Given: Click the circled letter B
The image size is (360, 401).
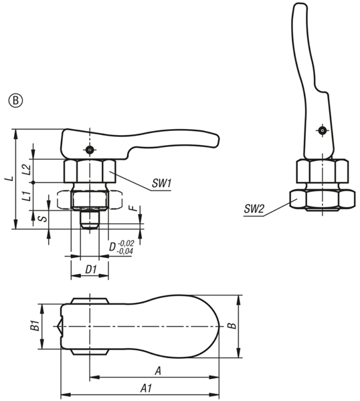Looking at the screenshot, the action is [16, 101].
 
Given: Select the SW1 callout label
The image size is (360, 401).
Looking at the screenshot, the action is [161, 183].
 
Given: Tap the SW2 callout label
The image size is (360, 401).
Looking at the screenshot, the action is [254, 209].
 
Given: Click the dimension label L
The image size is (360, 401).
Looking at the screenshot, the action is [9, 178].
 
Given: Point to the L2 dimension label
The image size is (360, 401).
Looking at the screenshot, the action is [27, 169].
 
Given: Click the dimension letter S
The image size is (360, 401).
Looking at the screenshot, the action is [44, 219].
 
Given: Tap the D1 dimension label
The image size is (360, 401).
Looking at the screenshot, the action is [91, 269].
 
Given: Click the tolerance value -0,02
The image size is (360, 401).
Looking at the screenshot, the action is [126, 243].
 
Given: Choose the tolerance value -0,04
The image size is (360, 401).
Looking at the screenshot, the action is [124, 251].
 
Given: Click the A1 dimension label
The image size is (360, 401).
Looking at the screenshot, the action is [147, 388].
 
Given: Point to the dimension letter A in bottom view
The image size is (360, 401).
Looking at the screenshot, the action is [158, 370].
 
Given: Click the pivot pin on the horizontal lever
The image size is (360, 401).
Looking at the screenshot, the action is [89, 150].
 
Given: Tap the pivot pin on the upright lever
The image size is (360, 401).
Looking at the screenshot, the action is [323, 130].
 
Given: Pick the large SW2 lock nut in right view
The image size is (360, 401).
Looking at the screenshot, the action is [323, 200].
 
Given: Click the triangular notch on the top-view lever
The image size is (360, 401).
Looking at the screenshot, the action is [60, 326].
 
